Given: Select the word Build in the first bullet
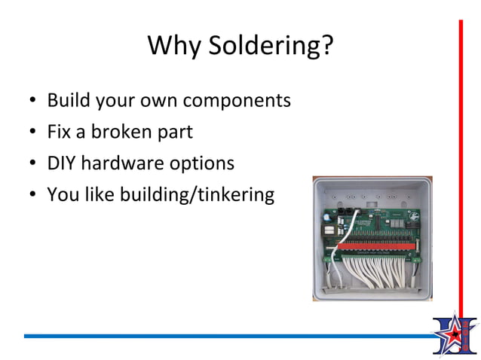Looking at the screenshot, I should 68,100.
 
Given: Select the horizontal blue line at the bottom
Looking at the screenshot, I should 226,336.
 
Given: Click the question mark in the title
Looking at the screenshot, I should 326,46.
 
